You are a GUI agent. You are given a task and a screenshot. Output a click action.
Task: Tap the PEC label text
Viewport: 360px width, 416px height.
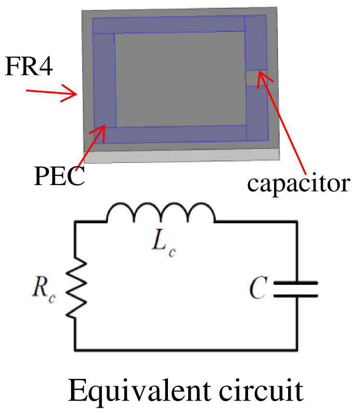pyautogui.click(x=59, y=176)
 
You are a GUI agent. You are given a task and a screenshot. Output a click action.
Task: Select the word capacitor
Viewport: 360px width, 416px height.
pyautogui.click(x=298, y=183)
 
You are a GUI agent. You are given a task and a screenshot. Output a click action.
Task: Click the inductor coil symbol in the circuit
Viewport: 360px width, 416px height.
pyautogui.click(x=161, y=213)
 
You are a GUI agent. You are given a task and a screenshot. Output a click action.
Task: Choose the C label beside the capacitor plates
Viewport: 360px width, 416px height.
pyautogui.click(x=257, y=288)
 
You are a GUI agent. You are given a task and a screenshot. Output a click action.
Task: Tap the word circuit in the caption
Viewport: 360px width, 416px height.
pyautogui.click(x=263, y=391)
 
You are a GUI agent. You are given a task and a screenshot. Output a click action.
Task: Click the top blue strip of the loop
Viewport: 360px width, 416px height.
pyautogui.click(x=169, y=25)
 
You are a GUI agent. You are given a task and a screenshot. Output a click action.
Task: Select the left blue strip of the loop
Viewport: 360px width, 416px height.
pyautogui.click(x=104, y=82)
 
